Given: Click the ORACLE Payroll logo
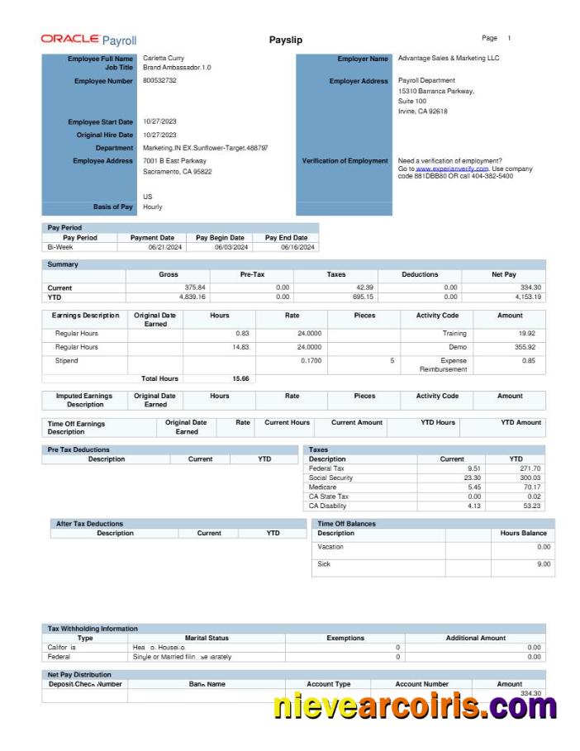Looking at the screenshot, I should (x=88, y=40).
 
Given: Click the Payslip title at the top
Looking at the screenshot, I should (x=286, y=40).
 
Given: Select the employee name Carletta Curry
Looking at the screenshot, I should (x=164, y=59).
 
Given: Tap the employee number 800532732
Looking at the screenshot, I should (x=159, y=81).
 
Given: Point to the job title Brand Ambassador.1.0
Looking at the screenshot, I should (x=177, y=68).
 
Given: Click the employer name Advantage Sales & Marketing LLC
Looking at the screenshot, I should (x=449, y=59).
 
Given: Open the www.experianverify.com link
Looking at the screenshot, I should (x=452, y=169).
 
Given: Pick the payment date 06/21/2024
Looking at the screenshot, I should (x=164, y=247).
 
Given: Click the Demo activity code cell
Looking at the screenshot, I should (x=458, y=347).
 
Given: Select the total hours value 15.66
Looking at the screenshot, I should (x=240, y=378).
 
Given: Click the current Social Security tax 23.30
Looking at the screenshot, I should (x=472, y=478).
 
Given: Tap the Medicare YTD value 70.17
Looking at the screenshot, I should (x=531, y=487).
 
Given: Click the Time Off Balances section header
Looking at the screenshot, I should (x=346, y=524).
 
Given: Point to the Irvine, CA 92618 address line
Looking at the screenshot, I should (x=422, y=112).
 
